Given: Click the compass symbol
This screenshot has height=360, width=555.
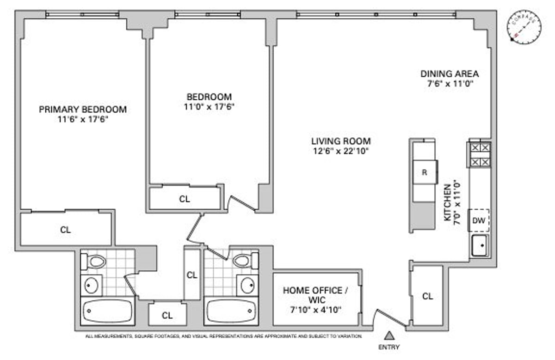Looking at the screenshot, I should [x=525, y=27].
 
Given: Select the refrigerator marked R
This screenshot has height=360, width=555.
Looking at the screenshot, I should [x=424, y=172].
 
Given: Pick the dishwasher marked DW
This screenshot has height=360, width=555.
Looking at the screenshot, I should [x=479, y=220].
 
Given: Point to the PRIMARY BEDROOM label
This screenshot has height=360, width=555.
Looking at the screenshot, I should [x=83, y=110].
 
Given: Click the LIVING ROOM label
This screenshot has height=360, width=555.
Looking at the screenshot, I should [x=341, y=141].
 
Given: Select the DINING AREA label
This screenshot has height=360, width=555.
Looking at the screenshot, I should [x=449, y=74].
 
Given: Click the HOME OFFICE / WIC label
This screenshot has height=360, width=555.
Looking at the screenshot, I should [x=316, y=295].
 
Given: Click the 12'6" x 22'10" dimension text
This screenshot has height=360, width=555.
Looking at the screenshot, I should [x=341, y=151].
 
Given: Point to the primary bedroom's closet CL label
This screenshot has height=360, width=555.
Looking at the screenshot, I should [x=66, y=230].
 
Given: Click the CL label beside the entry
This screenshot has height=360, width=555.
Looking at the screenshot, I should [x=428, y=296].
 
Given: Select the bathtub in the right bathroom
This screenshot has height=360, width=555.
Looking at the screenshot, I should [x=231, y=311].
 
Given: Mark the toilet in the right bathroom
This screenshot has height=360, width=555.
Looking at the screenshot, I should [x=243, y=261].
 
